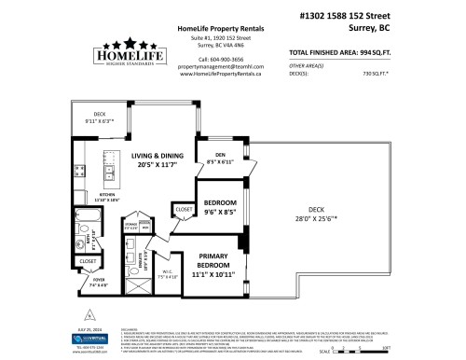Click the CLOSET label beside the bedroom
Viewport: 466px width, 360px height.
pyautogui.click(x=183, y=211)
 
